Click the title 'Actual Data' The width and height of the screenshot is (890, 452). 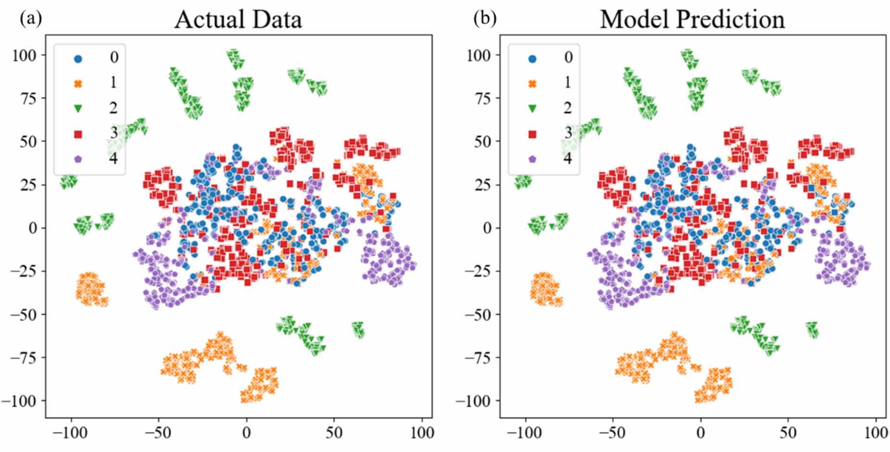[238, 20]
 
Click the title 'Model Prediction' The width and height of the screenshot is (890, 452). [692, 20]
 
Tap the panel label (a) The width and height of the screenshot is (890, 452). [31, 18]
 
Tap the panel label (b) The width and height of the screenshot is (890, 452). [485, 18]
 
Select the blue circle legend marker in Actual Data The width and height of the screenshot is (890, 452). [78, 59]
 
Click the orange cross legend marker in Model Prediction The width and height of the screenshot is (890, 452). [532, 84]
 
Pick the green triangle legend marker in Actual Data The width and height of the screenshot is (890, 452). [78, 109]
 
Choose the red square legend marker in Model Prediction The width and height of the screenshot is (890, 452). [532, 134]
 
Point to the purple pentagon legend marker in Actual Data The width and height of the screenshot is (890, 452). [78, 159]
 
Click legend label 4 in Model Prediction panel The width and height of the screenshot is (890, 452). [568, 158]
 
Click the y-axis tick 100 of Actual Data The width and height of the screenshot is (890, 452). [24, 55]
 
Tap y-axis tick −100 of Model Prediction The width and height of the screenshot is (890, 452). [472, 401]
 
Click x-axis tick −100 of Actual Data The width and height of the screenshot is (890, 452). [70, 433]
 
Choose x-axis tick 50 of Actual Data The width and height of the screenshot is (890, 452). [334, 433]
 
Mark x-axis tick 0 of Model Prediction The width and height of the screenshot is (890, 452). [700, 433]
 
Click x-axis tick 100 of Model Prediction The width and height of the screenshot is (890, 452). [876, 433]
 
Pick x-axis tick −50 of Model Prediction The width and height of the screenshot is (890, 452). [612, 433]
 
